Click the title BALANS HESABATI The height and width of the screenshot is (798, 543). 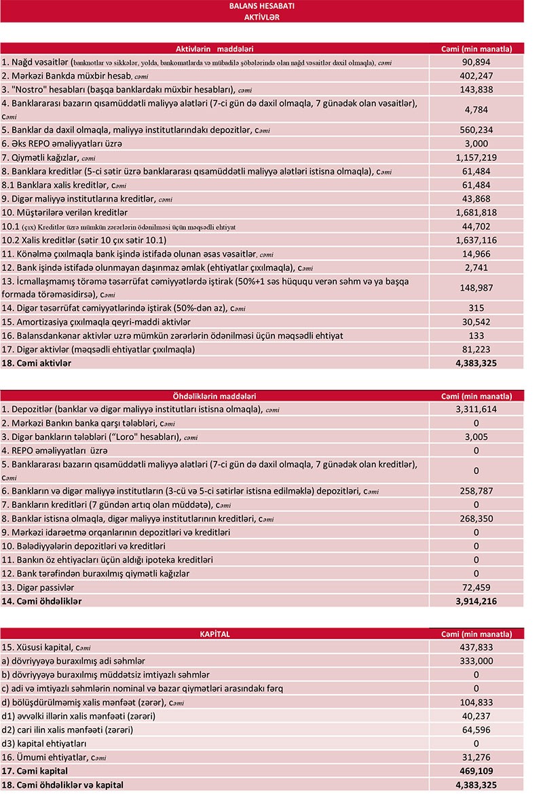point(261,6)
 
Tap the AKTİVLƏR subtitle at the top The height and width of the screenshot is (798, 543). point(261,17)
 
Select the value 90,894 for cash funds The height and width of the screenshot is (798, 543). point(476,62)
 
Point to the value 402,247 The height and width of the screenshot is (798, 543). point(476,75)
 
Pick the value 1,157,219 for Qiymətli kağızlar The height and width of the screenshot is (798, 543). point(476,157)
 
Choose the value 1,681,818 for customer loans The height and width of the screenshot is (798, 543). point(476,213)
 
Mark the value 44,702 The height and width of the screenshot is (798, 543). point(476,226)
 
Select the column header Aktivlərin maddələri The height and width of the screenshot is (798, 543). point(214,48)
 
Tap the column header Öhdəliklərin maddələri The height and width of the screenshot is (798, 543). point(214,396)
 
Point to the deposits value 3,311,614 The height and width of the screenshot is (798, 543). point(476,410)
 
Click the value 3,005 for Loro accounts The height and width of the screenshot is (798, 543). point(476,437)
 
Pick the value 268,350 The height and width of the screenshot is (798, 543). point(476,518)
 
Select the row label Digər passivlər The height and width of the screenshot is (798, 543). point(38,587)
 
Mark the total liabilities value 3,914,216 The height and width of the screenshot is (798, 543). point(476,601)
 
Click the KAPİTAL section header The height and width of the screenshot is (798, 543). point(214,634)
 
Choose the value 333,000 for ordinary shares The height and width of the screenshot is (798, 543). point(476,661)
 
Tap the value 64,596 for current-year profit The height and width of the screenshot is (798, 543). point(476,729)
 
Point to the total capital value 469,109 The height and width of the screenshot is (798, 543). point(476,771)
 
